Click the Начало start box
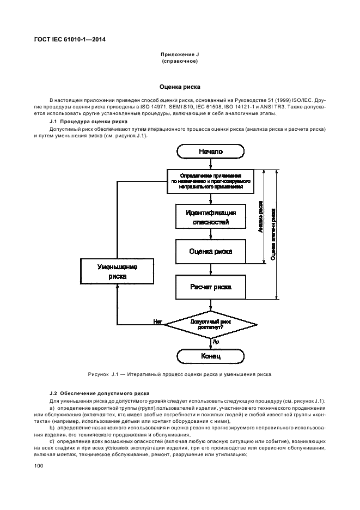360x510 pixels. click(210, 151)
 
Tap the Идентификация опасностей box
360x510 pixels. click(210, 216)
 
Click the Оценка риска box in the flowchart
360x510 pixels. click(210, 251)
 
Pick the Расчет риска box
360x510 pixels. click(210, 286)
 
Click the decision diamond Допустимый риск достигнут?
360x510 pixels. click(210, 325)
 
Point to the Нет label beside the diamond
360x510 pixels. click(158, 321)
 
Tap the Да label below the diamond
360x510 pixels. click(216, 342)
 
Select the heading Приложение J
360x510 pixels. click(179, 55)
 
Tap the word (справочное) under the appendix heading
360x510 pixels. click(179, 62)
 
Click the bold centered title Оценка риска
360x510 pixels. click(179, 86)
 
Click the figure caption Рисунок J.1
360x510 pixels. click(179, 374)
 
